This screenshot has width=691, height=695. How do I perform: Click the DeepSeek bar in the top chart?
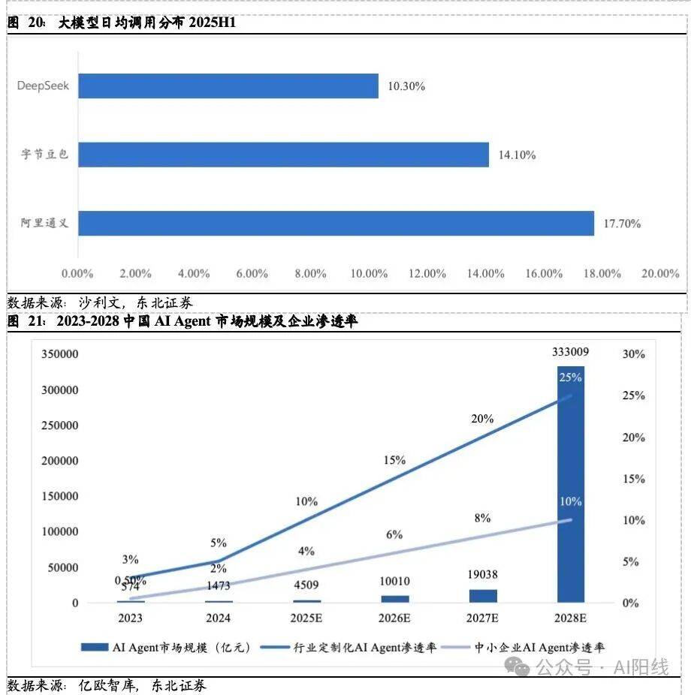tap(228, 86)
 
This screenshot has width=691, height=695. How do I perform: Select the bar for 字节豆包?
tap(283, 155)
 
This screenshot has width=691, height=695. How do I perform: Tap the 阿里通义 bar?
tap(336, 224)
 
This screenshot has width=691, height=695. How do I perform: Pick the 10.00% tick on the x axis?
tap(370, 274)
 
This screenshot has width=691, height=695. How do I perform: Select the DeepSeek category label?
tap(43, 86)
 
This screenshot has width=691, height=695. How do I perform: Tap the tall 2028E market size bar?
tap(571, 488)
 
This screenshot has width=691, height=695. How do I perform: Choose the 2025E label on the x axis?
tap(306, 618)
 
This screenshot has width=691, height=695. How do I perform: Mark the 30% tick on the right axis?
tap(634, 354)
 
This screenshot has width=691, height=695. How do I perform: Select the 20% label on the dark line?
tap(482, 419)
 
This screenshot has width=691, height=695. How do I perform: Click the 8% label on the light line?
tap(482, 518)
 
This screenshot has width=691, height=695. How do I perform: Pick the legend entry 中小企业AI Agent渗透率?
tap(530, 647)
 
